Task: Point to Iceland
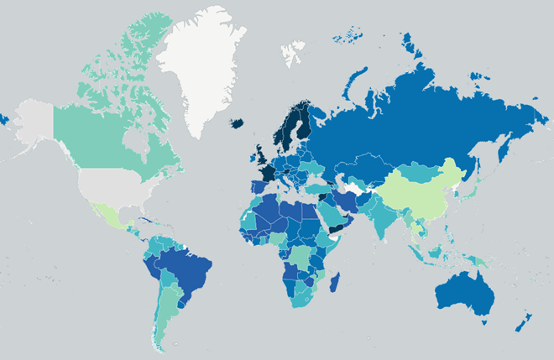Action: (x=238, y=123)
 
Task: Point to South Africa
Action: (x=302, y=302)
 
